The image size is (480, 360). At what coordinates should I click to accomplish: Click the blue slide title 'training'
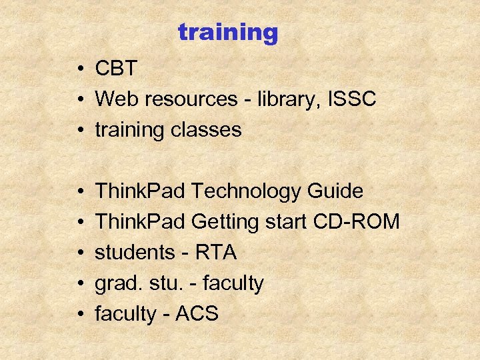click(x=227, y=33)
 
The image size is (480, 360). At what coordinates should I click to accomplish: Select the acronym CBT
click(x=117, y=69)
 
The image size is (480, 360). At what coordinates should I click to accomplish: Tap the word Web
click(x=116, y=99)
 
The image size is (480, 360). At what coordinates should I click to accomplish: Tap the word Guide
click(x=335, y=191)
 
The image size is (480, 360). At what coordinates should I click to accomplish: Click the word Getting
click(x=227, y=222)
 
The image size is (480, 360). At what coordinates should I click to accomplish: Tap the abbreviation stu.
click(x=159, y=283)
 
